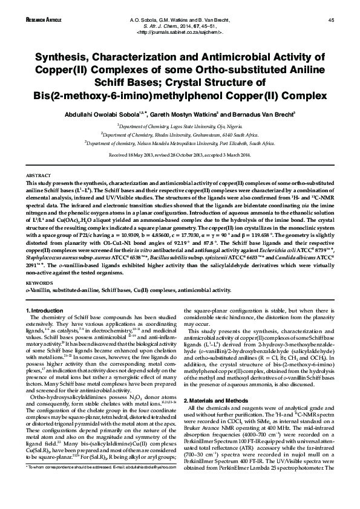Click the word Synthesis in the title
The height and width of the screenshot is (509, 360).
[58, 58]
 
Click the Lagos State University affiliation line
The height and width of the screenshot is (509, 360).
[180, 126]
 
